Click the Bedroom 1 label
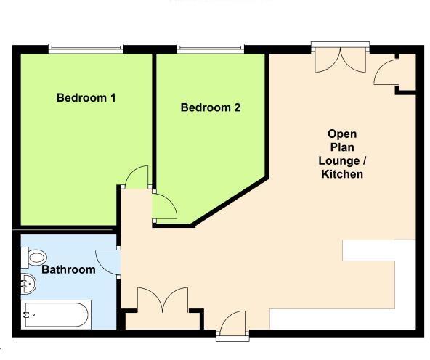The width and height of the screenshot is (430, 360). pyautogui.click(x=86, y=97)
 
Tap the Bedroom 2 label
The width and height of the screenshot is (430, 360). pyautogui.click(x=211, y=107)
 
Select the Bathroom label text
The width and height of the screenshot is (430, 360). pyautogui.click(x=68, y=269)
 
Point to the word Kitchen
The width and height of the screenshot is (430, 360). pyautogui.click(x=342, y=175)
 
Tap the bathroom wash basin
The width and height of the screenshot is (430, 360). pyautogui.click(x=29, y=282)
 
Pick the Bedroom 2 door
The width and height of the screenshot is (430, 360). pyautogui.click(x=164, y=207)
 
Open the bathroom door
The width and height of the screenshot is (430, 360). pyautogui.click(x=108, y=262)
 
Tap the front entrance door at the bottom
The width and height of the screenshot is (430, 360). pyautogui.click(x=235, y=324)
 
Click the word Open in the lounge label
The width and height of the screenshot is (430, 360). pyautogui.click(x=342, y=134)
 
